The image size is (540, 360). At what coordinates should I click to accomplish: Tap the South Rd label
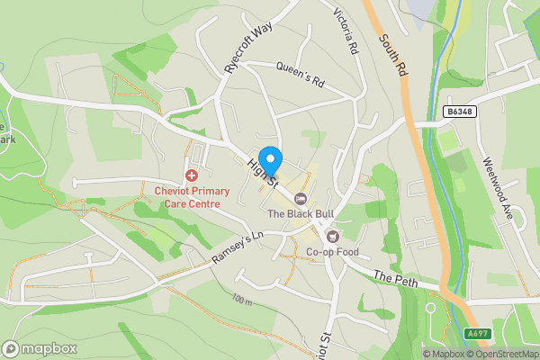tap(392, 58)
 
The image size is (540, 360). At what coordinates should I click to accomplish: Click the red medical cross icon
tap(191, 175)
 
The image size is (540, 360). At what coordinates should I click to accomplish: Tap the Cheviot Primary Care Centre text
tap(192, 197)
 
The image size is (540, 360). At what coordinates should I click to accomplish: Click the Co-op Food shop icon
tap(333, 236)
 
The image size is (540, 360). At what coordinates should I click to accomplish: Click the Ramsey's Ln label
tap(236, 249)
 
